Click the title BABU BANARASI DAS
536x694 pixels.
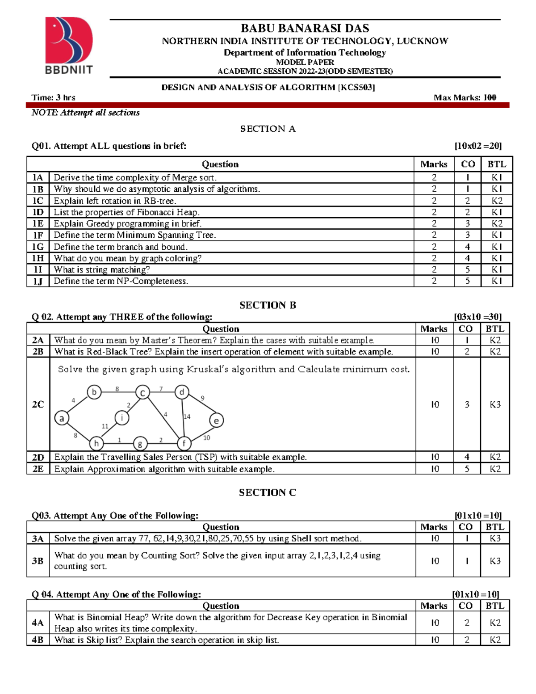point(305,28)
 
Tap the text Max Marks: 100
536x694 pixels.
point(465,97)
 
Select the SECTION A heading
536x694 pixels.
point(268,129)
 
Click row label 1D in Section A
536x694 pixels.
point(38,212)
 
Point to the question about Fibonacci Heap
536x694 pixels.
point(126,212)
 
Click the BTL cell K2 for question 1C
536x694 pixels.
point(497,201)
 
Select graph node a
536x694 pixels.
point(62,418)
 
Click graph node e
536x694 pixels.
point(216,421)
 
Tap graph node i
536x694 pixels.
point(121,417)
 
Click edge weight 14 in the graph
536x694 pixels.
point(187,416)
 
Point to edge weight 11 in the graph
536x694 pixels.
point(105,426)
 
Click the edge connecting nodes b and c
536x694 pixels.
point(118,392)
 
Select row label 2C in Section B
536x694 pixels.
point(38,404)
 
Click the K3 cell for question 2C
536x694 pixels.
point(495,404)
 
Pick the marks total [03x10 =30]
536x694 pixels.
point(477,317)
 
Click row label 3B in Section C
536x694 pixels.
point(38,561)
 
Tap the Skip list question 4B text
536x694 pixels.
point(166,640)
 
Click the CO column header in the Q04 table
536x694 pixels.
point(465,606)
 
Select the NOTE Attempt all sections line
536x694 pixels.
point(85,113)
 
